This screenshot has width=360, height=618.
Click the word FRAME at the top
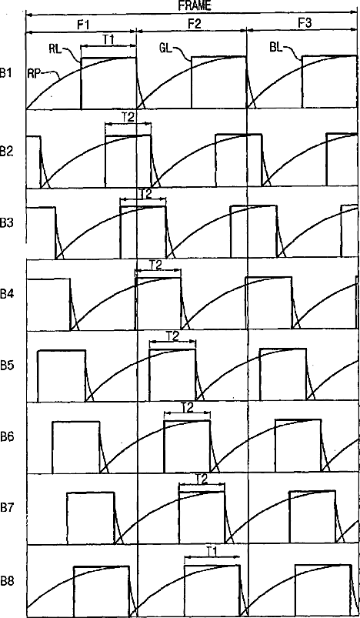pyautogui.click(x=195, y=6)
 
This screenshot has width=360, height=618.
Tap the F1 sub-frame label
pyautogui.click(x=83, y=25)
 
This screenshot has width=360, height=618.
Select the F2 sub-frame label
pyautogui.click(x=194, y=25)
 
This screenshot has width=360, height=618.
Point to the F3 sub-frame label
pyautogui.click(x=305, y=25)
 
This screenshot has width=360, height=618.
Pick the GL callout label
pyautogui.click(x=166, y=49)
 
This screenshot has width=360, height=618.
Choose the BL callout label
pyautogui.click(x=276, y=49)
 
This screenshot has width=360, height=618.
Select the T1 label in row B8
pyautogui.click(x=212, y=550)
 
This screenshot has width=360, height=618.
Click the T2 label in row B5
pyautogui.click(x=172, y=336)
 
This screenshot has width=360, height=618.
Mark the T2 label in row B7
pyautogui.click(x=202, y=479)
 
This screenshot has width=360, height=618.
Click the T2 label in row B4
pyautogui.click(x=157, y=265)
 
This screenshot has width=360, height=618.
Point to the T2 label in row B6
pyautogui.click(x=188, y=408)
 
